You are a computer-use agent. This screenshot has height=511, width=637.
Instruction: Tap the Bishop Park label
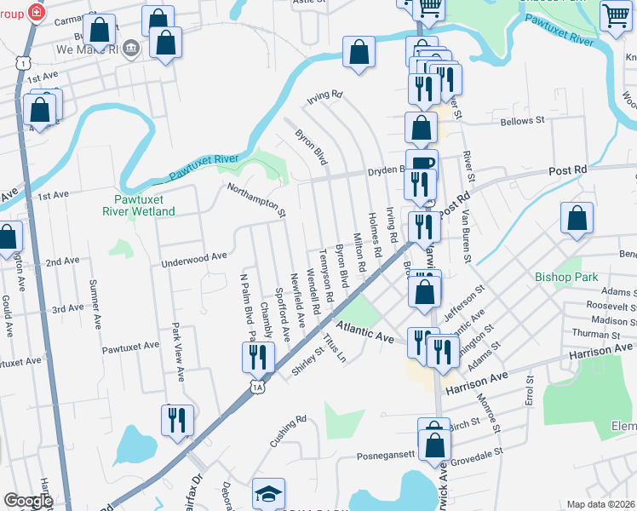point(566,277)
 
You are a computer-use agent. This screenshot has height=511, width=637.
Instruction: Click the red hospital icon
point(37,12)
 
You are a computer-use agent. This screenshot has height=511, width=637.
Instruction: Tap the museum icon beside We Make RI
point(130,49)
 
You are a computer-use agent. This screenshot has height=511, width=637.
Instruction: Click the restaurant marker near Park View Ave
point(177,420)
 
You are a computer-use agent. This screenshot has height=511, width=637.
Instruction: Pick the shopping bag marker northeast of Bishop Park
point(577,217)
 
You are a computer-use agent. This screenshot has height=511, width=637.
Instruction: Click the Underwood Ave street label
point(195,255)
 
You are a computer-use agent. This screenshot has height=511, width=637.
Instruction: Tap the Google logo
point(28,501)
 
